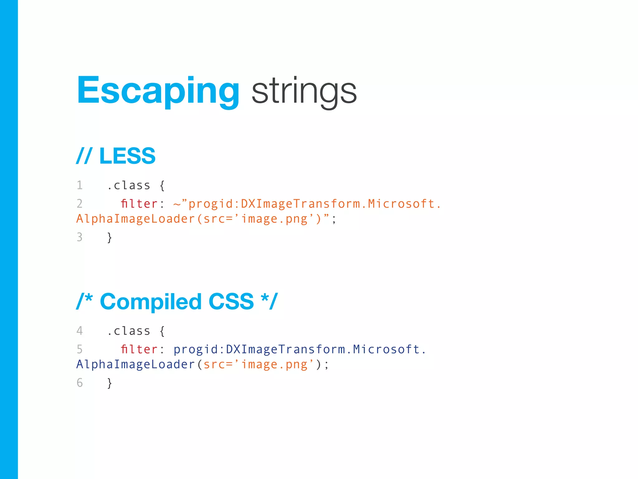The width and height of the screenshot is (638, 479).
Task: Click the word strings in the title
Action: (x=304, y=91)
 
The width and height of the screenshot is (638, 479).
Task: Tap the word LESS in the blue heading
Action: (x=127, y=156)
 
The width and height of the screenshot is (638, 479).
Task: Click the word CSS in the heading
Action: (x=231, y=302)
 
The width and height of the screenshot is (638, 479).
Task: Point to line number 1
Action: (x=80, y=185)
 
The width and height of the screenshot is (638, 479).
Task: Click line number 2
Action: (x=80, y=204)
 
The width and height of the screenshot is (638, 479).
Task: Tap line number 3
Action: (x=80, y=237)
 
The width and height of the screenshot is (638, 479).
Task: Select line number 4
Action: (x=80, y=331)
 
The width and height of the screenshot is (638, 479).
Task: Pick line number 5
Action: (x=80, y=349)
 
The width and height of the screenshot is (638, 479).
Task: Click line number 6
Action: (x=80, y=383)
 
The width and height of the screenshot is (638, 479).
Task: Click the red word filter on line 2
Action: (x=139, y=204)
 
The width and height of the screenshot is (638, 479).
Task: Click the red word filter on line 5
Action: (x=139, y=349)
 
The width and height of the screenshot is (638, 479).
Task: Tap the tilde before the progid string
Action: (x=177, y=204)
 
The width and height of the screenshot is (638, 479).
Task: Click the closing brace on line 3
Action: (x=109, y=237)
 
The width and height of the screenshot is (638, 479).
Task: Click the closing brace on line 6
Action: (x=109, y=383)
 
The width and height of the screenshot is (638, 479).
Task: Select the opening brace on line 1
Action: (x=162, y=186)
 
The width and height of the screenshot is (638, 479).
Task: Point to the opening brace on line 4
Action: (x=162, y=331)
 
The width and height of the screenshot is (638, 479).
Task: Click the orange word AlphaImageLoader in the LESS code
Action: (x=136, y=219)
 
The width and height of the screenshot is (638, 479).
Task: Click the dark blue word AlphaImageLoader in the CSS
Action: (x=136, y=365)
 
